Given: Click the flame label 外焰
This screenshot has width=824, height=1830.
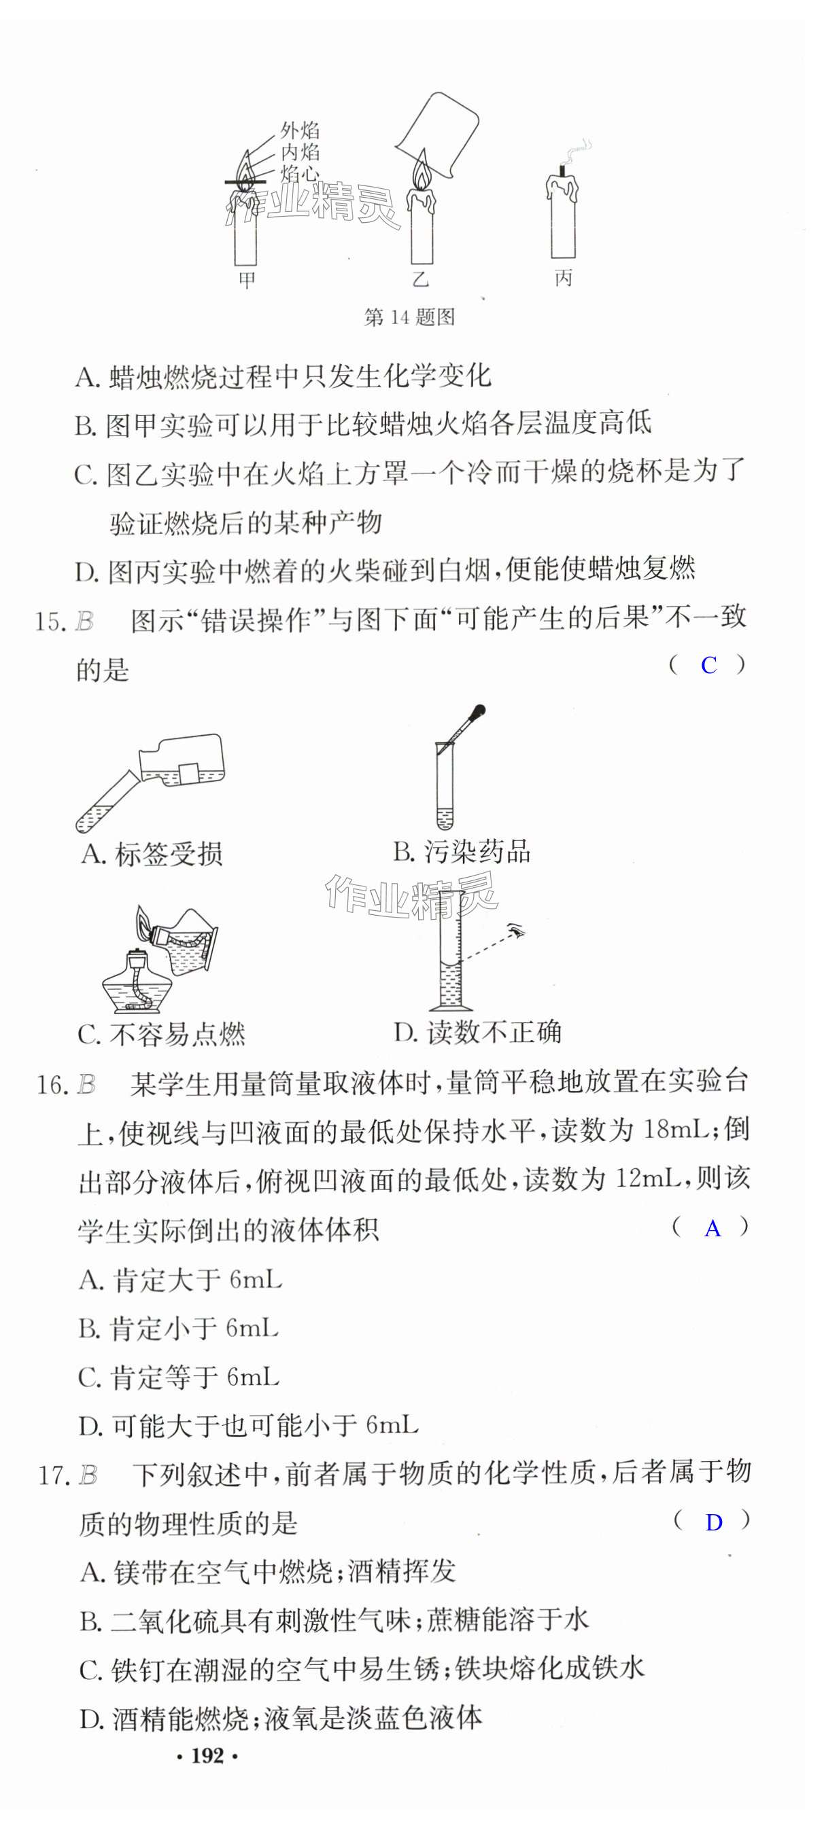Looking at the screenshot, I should tap(299, 130).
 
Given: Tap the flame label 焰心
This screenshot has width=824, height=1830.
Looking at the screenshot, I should tap(299, 173).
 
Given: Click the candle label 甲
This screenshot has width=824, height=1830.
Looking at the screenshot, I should tap(246, 279).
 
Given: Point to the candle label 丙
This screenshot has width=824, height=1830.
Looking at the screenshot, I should tap(563, 277).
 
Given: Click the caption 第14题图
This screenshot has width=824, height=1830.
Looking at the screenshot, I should tap(409, 317).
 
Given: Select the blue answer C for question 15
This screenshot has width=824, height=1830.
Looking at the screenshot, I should tap(708, 665).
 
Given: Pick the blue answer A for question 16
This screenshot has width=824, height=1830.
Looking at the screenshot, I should tap(712, 1228).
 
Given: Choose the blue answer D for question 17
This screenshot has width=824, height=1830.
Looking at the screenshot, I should tap(713, 1522).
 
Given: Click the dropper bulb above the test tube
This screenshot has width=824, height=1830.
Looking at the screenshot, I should tap(479, 711).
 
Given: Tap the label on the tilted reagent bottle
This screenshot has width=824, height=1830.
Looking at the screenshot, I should tap(188, 772).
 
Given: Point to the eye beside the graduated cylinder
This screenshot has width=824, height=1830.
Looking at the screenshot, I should tap(517, 931).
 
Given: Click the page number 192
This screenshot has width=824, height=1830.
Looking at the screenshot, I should tap(207, 1755).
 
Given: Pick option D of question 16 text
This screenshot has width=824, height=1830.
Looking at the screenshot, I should tap(249, 1426).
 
